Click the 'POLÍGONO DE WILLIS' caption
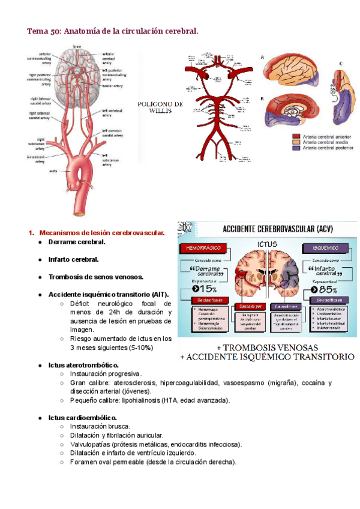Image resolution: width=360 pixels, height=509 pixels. [x=160, y=107]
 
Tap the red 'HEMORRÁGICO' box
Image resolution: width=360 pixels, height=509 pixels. [x=200, y=247]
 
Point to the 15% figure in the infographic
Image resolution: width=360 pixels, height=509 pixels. [x=202, y=289]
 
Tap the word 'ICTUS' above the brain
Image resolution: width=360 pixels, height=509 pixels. [x=267, y=244]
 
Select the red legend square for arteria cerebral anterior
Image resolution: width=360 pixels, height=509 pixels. [x=296, y=136]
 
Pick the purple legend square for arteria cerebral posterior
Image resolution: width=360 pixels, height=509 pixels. [x=296, y=148]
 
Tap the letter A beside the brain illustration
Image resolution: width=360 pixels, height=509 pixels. [x=262, y=56]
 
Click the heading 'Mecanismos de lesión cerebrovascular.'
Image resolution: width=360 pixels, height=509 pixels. [x=101, y=232]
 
